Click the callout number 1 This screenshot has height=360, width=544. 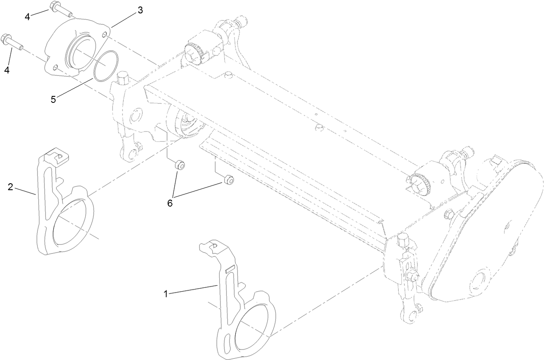(165, 294)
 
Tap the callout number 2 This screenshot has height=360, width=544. (10, 187)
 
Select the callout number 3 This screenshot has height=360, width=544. (140, 10)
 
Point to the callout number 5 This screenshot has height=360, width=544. (53, 99)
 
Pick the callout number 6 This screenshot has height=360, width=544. (170, 202)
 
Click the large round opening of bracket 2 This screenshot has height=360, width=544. (73, 222)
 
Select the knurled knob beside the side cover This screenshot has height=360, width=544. (419, 184)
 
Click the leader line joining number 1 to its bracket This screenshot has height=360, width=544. (192, 290)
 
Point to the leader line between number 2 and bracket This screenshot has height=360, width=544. (26, 191)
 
